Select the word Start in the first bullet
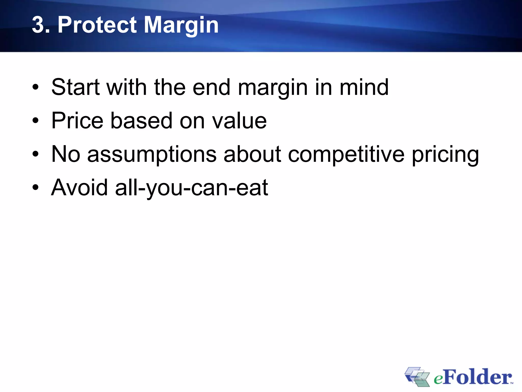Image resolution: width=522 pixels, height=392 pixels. pos(75,87)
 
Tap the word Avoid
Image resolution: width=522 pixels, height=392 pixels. pos(79,188)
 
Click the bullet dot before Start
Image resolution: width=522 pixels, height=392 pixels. pos(35,88)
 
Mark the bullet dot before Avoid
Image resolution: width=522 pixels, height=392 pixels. pos(35,188)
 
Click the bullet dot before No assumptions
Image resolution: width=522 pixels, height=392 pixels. pos(35,154)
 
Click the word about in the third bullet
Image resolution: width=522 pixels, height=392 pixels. pos(252,154)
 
